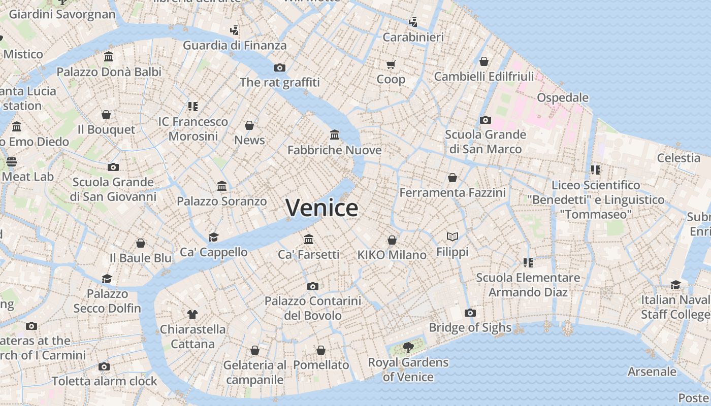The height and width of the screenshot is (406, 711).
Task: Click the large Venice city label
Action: coord(321,208)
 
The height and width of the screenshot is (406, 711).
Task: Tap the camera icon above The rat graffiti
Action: coord(280,67)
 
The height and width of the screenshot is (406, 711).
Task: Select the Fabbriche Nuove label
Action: coord(334,150)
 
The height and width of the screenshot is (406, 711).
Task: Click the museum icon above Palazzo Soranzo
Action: coord(222,186)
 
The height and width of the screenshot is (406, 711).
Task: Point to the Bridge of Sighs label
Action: coord(470,327)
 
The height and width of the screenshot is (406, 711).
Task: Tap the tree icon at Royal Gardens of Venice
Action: coord(408,348)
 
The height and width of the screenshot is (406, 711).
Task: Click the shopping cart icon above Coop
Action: coord(391,64)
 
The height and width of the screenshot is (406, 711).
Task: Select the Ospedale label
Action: coord(563,97)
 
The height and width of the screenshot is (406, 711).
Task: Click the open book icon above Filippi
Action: coord(453,236)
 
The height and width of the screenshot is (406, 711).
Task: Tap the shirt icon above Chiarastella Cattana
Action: coord(192,314)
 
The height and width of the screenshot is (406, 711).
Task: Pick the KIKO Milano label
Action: coord(392,255)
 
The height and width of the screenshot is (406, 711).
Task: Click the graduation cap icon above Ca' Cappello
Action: coord(213,237)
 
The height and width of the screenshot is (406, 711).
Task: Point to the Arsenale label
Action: coord(652,371)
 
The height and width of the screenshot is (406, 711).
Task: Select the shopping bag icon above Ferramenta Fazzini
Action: coord(453,178)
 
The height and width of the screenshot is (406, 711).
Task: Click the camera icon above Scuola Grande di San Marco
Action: coord(486,120)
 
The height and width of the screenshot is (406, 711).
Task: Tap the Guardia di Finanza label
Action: coord(235,45)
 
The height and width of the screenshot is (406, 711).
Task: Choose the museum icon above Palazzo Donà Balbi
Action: coord(109,56)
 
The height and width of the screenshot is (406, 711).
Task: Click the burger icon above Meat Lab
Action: coord(12,162)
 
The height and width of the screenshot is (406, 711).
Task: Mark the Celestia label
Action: coord(678,158)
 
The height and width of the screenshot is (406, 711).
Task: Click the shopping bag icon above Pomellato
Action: coord(321,350)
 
